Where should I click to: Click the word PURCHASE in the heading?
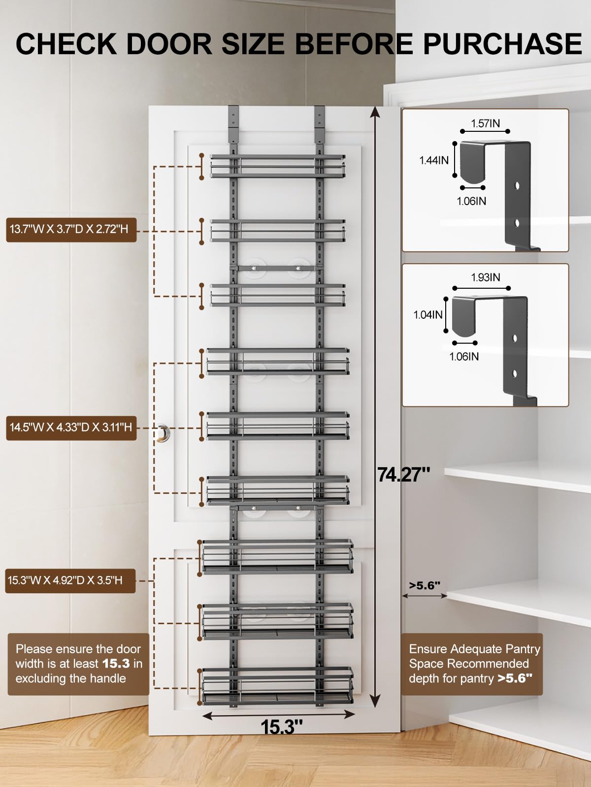(502, 44)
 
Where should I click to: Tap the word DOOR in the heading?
(169, 44)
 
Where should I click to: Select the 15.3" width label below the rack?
(282, 727)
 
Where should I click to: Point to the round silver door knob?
(163, 433)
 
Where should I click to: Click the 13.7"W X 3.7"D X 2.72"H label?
(69, 229)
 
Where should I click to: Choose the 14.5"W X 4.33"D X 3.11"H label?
(71, 427)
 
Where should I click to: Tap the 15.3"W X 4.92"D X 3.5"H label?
(65, 580)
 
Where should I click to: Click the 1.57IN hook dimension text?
(485, 123)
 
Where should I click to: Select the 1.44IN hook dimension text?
(434, 160)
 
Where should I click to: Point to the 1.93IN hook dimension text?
(485, 277)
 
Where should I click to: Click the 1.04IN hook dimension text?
(427, 315)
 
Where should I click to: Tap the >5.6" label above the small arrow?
(425, 585)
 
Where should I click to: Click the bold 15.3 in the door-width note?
(116, 664)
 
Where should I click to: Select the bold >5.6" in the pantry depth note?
(515, 678)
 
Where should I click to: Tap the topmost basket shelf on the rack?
(278, 166)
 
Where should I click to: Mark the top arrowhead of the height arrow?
(375, 112)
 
